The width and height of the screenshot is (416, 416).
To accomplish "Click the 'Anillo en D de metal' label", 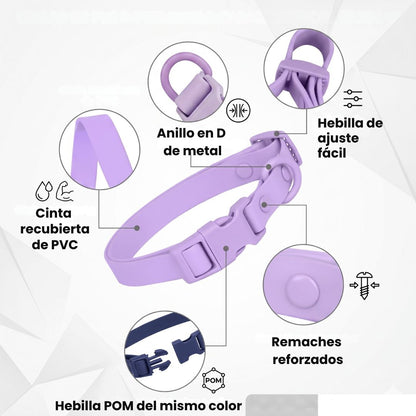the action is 191,142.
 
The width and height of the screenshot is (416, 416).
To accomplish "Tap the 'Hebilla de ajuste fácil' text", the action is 350,138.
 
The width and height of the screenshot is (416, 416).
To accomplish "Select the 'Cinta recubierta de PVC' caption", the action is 55,229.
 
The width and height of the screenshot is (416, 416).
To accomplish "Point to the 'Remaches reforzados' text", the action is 307,351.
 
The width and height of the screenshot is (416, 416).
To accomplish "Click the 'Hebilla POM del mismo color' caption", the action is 148,406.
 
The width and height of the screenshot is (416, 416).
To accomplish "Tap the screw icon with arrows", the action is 364,285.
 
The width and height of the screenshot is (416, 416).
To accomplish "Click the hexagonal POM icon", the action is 214,380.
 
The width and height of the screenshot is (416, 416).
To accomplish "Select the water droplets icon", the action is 45,191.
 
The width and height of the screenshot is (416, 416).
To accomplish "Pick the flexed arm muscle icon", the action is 65,191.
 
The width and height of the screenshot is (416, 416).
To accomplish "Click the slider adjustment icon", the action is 353,99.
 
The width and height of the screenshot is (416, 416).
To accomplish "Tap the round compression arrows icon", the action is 238,111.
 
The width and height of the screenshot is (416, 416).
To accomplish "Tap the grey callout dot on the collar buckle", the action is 226,248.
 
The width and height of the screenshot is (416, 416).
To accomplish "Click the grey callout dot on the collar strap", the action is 137,228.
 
